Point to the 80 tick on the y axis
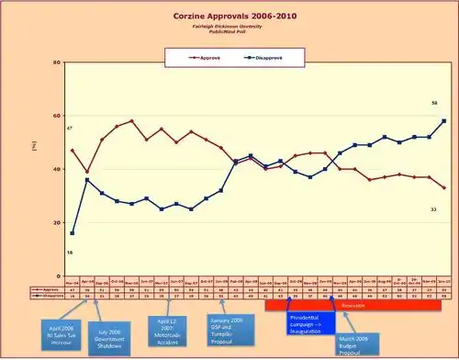coord(58,62)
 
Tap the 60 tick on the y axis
coord(58,116)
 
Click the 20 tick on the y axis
coord(58,222)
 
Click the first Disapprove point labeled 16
coord(73,233)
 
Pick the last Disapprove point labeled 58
coord(444,120)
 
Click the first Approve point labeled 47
coord(73,150)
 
